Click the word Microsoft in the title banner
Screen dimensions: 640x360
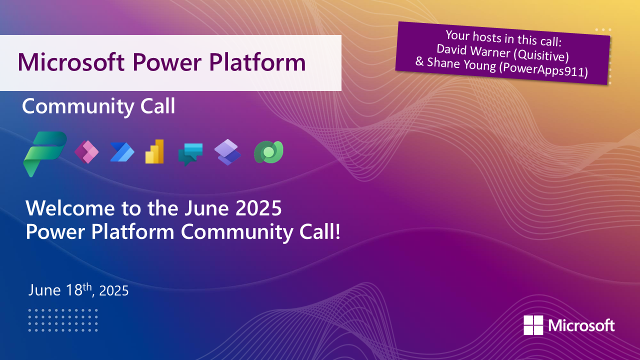pos(71,62)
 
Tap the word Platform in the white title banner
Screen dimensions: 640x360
pos(257,62)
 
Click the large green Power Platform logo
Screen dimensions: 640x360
pos(45,154)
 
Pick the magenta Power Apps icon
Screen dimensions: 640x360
pos(86,152)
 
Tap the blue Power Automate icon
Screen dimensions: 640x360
pos(122,152)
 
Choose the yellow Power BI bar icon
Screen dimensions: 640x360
pos(154,151)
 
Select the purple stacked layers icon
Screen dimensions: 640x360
pos(227,152)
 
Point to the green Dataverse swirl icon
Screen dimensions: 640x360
pos(268,152)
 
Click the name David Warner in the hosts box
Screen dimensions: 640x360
pos(473,51)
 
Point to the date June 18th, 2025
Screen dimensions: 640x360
pos(78,290)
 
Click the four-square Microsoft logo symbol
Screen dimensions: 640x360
pos(533,325)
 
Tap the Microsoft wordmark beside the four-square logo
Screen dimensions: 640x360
pos(581,325)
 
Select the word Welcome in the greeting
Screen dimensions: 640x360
pos(70,208)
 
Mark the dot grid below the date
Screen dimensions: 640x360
pos(63,320)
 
